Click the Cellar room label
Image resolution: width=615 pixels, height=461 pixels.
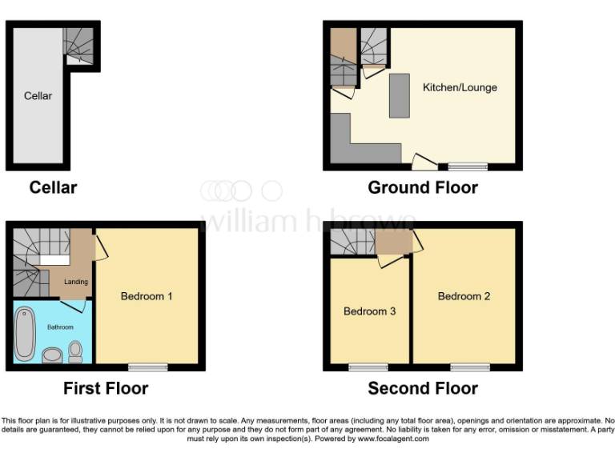click(38, 96)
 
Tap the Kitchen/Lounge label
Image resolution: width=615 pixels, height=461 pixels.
click(460, 87)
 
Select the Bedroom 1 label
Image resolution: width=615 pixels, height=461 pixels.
click(147, 296)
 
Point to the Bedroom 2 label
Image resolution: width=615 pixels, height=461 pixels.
click(464, 296)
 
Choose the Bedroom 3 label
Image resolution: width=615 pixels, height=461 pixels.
click(369, 311)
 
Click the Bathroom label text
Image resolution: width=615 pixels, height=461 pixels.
click(60, 327)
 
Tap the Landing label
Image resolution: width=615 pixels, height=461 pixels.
click(76, 282)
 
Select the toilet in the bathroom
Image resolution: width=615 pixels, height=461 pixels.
click(75, 351)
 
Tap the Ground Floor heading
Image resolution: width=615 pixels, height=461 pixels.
click(423, 188)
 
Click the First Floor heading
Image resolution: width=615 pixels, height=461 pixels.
click(106, 389)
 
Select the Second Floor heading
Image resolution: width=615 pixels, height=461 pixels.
click(423, 389)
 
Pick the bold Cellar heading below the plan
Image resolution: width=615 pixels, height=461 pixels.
click(53, 188)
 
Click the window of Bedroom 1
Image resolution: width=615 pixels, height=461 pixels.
click(147, 367)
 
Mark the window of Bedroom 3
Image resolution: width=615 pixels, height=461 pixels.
click(368, 367)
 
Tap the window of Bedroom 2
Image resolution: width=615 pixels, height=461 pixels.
click(470, 367)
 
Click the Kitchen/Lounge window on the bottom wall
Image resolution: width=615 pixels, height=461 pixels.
click(468, 166)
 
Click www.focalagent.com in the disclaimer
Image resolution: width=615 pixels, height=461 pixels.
click(393, 439)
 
